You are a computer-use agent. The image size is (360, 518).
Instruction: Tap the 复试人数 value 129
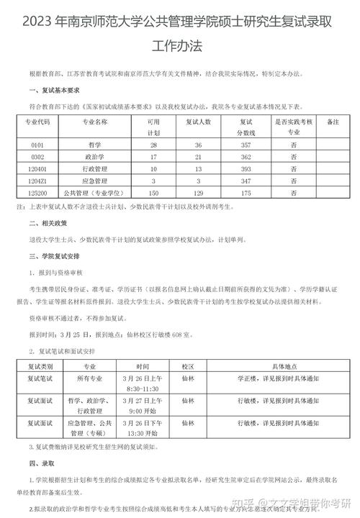point(197,194)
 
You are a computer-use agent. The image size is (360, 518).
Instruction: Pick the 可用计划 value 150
point(153,194)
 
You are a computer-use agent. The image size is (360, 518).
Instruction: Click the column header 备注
point(332,122)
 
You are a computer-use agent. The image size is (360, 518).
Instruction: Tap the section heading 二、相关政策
point(46,224)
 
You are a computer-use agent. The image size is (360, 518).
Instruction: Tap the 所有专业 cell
point(92,377)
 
